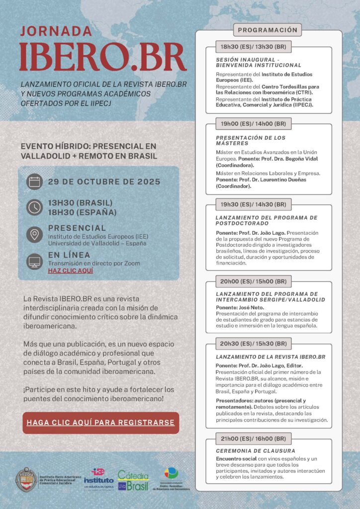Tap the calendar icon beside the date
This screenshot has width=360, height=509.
point(34,182)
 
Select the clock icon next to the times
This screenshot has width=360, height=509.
point(34,207)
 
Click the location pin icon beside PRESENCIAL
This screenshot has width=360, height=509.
point(34,234)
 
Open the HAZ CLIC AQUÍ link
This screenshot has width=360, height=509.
point(71,271)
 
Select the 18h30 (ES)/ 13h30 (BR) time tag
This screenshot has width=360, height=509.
point(253,47)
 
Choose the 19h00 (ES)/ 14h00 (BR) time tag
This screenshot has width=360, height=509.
point(253,123)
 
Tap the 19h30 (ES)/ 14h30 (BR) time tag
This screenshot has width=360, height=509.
point(253,204)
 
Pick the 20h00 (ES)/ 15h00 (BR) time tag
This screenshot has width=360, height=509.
point(253,281)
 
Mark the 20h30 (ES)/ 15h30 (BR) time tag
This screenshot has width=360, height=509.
point(253,343)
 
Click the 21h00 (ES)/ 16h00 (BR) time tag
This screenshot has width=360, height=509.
point(253,438)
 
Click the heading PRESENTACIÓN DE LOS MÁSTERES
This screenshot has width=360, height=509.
point(251,140)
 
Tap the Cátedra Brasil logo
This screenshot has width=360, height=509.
point(133,480)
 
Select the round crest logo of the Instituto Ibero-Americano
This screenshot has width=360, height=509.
point(26,480)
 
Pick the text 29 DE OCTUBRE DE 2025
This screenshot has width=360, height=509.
point(104,182)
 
